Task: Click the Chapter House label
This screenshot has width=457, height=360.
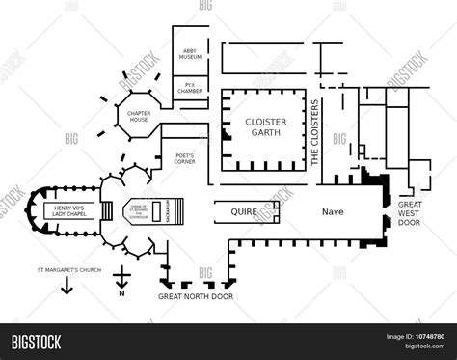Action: point(139,116)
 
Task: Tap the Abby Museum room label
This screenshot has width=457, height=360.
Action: point(191,56)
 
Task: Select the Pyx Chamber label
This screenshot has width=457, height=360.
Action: point(190,88)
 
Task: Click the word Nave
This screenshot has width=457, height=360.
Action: point(333,210)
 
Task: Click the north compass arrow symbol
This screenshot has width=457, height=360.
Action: point(120,281)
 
